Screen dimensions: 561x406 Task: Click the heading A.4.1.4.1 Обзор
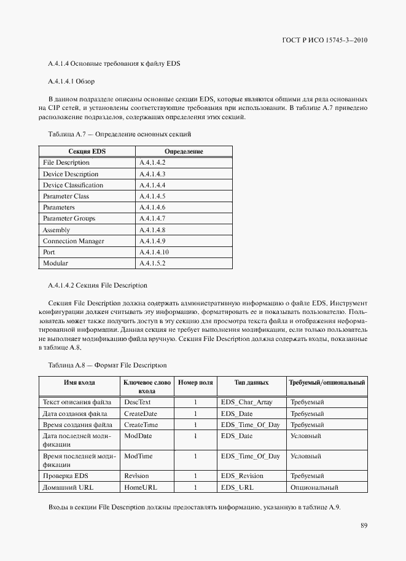(71, 81)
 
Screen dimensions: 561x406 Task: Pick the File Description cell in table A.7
(66, 163)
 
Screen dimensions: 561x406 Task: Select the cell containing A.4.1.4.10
(154, 253)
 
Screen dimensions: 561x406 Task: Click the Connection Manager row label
(73, 241)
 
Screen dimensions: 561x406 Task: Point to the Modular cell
(55, 264)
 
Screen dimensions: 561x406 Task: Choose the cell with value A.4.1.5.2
(152, 264)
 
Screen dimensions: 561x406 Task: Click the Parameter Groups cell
(69, 219)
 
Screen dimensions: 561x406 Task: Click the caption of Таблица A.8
(107, 365)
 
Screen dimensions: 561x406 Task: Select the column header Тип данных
(251, 383)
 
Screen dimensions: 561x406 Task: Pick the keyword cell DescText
(137, 402)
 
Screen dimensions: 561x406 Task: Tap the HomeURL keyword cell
(139, 487)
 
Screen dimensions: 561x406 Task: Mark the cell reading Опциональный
(314, 487)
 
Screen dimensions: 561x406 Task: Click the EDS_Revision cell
(242, 476)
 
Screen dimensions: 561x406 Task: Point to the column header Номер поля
(195, 383)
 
